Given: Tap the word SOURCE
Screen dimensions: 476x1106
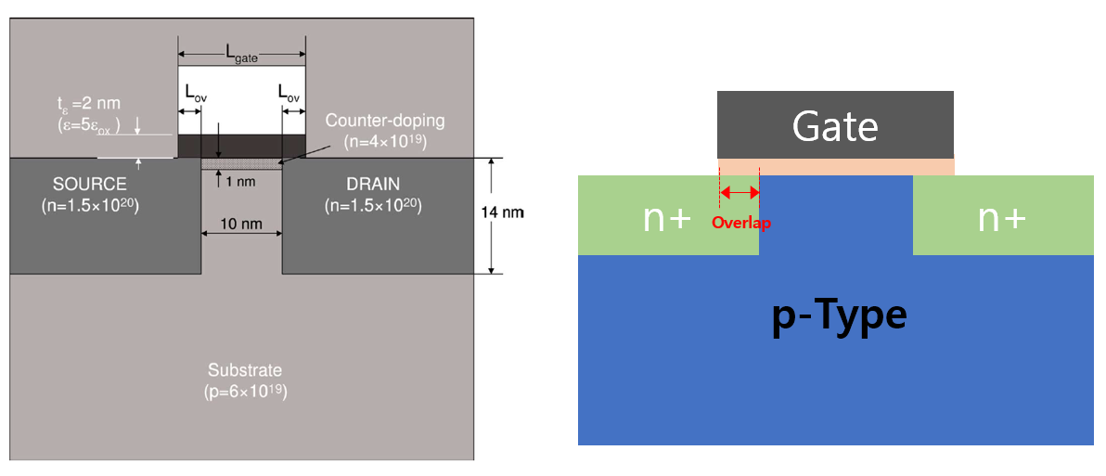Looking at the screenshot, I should (90, 185).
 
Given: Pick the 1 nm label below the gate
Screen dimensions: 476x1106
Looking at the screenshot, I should (240, 181).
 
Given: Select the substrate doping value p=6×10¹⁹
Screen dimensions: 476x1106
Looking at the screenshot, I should (245, 392).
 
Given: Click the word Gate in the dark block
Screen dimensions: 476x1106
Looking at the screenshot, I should (834, 126).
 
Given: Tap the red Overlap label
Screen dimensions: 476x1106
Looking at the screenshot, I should (740, 223).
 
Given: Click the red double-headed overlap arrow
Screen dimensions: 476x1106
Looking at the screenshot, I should (739, 193).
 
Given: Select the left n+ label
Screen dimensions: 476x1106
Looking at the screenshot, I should (667, 217).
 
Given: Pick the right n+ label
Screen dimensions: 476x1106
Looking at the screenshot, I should (1002, 217).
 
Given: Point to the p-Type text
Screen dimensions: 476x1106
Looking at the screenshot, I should (839, 315).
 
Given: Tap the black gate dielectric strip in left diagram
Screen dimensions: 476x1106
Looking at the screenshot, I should (240, 146).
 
